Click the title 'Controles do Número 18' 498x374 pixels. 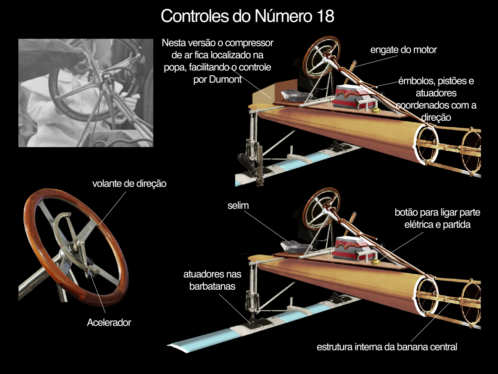pos(247,16)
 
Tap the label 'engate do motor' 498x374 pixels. pos(403,50)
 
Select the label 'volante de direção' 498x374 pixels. pos(129,184)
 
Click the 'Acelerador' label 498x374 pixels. pos(109,323)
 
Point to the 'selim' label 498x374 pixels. pos(238,206)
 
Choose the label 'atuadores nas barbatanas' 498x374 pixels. pos(212,280)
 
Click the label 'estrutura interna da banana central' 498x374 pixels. pos(387,347)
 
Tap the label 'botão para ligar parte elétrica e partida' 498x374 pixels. pos(437,218)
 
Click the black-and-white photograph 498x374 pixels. pos(86,93)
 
